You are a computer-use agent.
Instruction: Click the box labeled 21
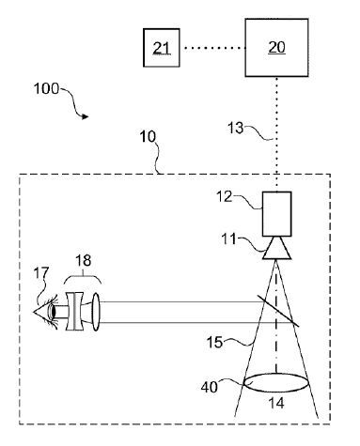(162, 47)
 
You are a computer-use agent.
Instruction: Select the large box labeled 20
(276, 47)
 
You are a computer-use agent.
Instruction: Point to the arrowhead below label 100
(86, 116)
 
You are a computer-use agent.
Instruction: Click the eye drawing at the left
(44, 311)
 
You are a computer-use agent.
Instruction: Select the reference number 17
(40, 275)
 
